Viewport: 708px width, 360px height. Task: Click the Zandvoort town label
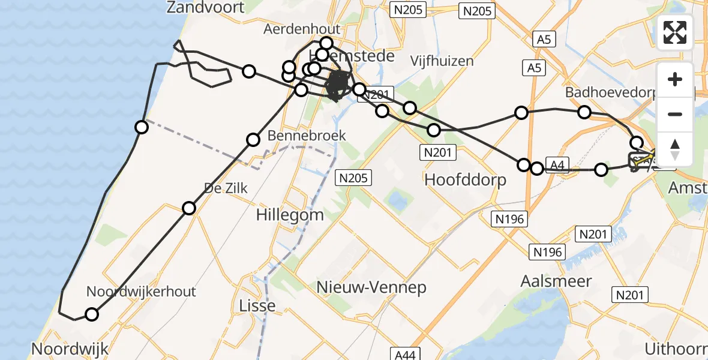click(206, 8)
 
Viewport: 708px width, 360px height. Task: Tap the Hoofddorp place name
click(465, 179)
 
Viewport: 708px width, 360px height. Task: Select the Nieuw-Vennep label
click(373, 287)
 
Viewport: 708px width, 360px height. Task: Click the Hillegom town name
click(290, 215)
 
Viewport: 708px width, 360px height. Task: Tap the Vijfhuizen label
click(442, 61)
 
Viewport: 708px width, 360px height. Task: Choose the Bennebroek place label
click(307, 136)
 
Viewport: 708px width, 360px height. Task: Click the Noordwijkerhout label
click(141, 292)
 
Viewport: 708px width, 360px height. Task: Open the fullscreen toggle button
click(675, 33)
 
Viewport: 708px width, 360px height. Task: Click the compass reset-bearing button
click(675, 149)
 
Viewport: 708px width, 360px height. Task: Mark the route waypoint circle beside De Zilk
click(189, 208)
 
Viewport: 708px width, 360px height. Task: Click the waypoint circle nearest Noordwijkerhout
click(92, 314)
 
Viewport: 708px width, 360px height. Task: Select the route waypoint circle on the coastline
click(142, 127)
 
